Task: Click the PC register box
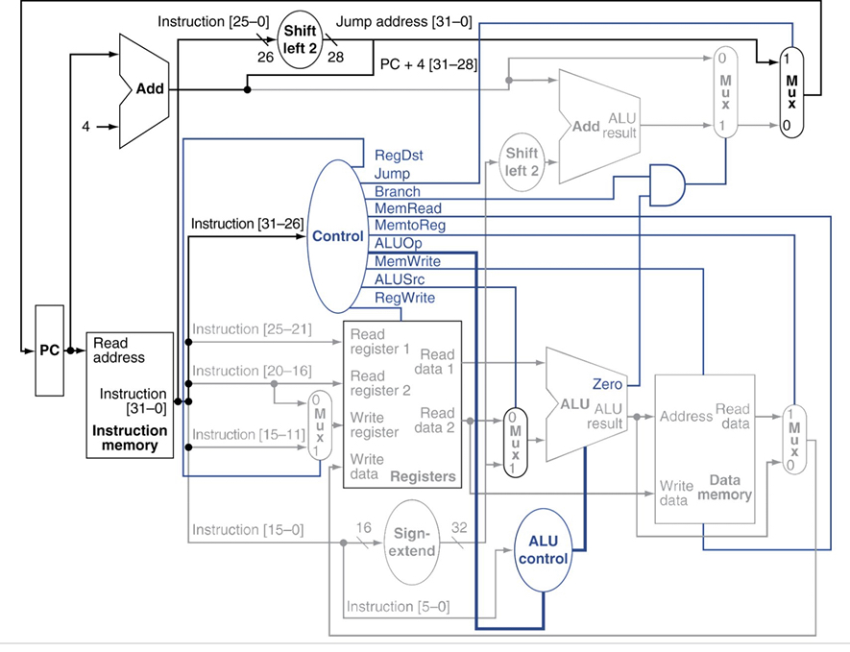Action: [49, 350]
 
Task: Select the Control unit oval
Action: [338, 236]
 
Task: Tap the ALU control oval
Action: [543, 549]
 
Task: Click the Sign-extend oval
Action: [412, 542]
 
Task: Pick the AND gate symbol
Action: [667, 185]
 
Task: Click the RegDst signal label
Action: [399, 156]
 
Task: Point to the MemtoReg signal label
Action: [410, 225]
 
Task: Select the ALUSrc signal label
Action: [400, 279]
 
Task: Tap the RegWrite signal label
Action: [405, 298]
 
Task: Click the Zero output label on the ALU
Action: [607, 384]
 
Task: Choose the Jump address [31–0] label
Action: [403, 22]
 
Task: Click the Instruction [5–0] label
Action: [399, 606]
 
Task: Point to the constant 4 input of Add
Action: [85, 127]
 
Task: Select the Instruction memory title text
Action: [130, 438]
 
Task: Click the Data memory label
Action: [725, 487]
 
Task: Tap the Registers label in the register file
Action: [423, 476]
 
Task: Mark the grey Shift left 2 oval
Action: [522, 162]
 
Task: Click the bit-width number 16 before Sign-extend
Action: [364, 527]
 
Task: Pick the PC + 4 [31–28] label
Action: [428, 64]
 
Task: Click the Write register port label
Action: [375, 425]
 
